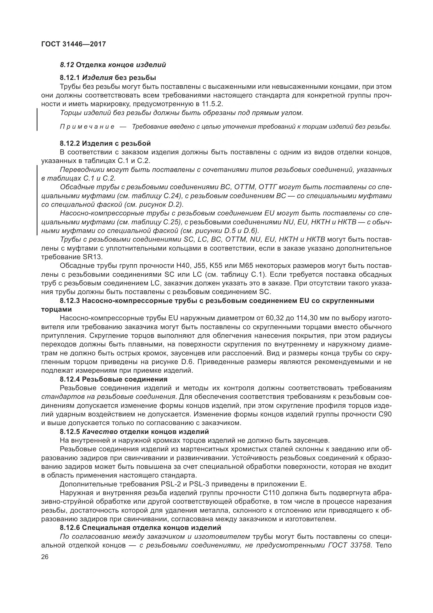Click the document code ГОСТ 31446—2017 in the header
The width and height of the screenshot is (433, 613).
point(73,44)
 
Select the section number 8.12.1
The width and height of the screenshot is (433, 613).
point(70,78)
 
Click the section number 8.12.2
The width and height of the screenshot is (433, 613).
point(70,143)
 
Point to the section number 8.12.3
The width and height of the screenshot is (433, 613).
point(70,301)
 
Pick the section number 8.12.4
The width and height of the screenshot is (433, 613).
point(70,379)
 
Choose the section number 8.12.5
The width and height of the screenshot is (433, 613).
point(70,432)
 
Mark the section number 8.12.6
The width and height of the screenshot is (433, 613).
point(70,528)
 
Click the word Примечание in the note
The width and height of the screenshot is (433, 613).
point(87,127)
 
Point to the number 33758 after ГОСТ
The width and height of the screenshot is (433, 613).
point(359,545)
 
